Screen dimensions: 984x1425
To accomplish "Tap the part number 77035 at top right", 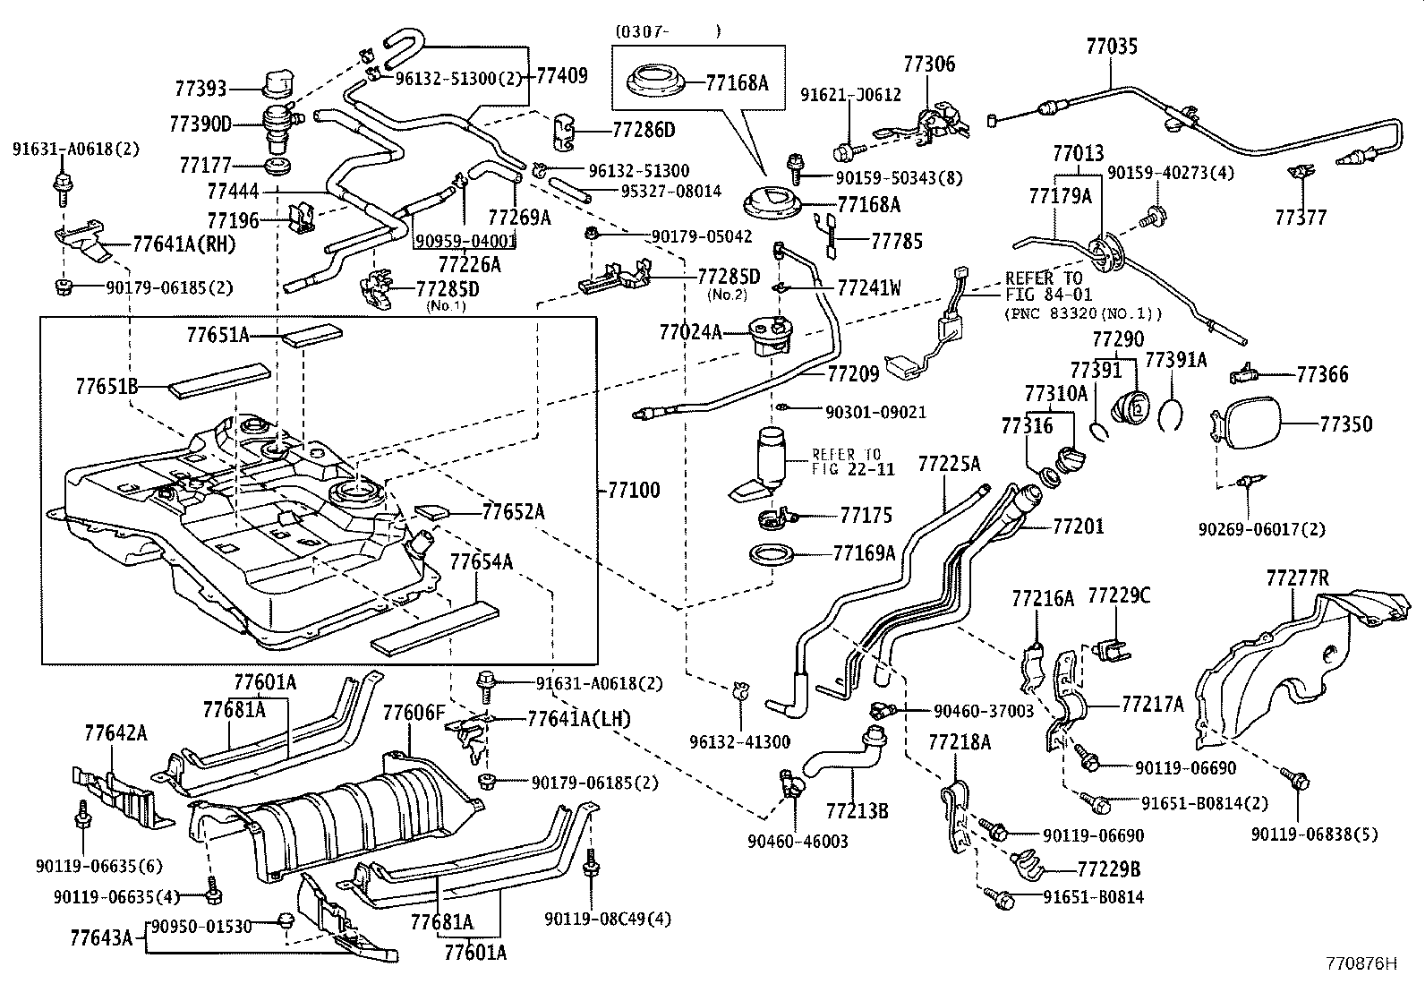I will tap(1113, 46).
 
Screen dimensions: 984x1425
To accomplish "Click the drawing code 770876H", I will tap(1361, 964).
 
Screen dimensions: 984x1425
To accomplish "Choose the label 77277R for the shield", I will tap(1297, 578).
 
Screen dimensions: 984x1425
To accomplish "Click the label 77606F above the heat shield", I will tap(414, 713).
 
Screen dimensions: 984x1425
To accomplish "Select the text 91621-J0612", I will tap(850, 94).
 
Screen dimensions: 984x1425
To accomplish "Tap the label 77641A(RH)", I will tap(183, 243).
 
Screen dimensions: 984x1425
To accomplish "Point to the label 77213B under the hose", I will tap(857, 811).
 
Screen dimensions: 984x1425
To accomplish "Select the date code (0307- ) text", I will tap(667, 30).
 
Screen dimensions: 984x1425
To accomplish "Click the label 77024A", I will tap(690, 332).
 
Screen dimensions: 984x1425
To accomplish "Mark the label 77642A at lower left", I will tap(115, 733).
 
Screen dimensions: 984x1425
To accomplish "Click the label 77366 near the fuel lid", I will tap(1322, 374).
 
